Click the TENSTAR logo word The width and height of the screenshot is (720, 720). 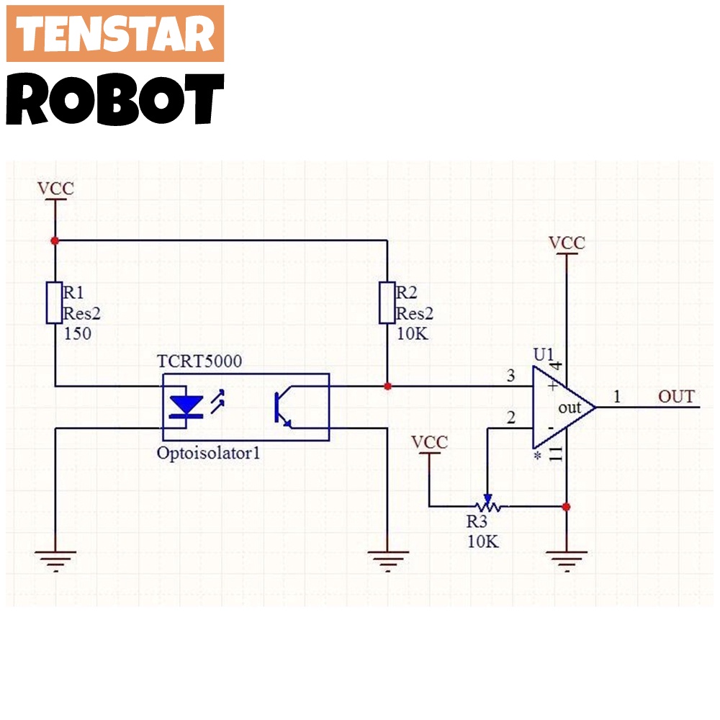pos(115,34)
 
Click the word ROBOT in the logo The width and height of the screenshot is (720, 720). pos(115,100)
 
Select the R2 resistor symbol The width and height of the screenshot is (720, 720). pos(387,303)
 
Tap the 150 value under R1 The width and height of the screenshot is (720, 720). pos(77,333)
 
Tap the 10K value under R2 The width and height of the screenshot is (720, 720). pos(412,333)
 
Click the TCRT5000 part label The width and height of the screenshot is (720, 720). pos(199,361)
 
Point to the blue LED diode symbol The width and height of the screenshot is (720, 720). pos(189,406)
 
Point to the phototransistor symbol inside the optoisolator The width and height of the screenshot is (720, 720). pos(282,408)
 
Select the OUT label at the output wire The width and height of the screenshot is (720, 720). pos(676,397)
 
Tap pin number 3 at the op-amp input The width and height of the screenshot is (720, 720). pos(511,376)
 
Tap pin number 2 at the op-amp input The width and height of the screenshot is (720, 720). pos(511,418)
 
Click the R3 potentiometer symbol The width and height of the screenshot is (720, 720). pos(487,506)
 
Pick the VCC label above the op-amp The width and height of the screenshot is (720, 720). pos(567,243)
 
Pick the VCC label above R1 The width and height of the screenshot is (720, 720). pos(55,189)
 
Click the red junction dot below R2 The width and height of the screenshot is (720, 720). pos(387,387)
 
